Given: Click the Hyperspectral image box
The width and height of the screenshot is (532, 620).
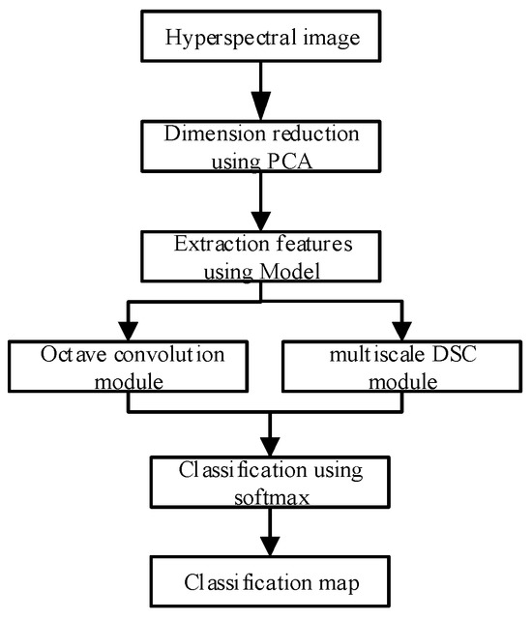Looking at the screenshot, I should (262, 39).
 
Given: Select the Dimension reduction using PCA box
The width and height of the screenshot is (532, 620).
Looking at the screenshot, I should (262, 144).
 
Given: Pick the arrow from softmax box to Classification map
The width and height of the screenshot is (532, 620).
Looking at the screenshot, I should (270, 536).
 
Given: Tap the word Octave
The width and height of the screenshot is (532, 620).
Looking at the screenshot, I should (71, 355).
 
